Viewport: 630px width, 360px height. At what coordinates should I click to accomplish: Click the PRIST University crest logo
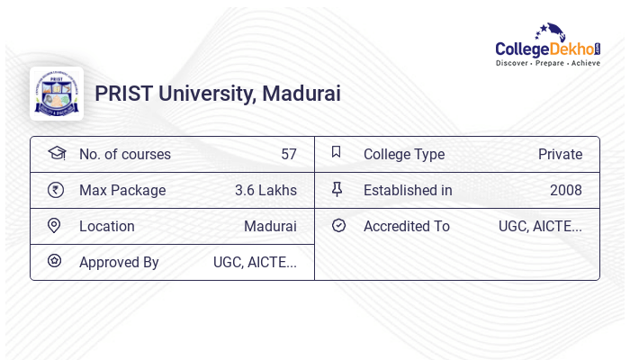click(57, 94)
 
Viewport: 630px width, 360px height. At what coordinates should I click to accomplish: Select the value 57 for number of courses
click(288, 154)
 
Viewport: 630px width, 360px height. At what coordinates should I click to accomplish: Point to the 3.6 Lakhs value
click(265, 190)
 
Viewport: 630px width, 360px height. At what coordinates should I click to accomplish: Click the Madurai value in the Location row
click(270, 226)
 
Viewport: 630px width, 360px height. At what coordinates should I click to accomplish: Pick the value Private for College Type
click(560, 154)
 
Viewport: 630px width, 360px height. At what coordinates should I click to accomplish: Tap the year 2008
click(566, 190)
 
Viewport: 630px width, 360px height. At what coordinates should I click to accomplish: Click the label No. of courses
click(124, 154)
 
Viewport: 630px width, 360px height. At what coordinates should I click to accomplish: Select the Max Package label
click(122, 190)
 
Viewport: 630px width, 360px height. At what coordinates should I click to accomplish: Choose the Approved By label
click(119, 262)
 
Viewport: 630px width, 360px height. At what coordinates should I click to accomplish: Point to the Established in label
click(408, 190)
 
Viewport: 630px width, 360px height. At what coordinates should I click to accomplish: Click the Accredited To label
click(406, 226)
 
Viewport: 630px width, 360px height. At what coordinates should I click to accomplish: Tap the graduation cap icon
click(56, 153)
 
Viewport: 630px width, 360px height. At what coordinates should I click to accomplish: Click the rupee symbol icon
click(56, 190)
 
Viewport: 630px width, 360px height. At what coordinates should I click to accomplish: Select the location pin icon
click(55, 225)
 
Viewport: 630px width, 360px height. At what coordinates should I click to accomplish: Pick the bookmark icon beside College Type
click(337, 152)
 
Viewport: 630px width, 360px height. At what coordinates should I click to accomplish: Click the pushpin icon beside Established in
click(337, 189)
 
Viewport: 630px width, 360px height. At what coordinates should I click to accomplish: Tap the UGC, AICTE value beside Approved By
click(255, 262)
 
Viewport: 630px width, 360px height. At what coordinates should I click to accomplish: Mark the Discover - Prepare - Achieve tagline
click(547, 64)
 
